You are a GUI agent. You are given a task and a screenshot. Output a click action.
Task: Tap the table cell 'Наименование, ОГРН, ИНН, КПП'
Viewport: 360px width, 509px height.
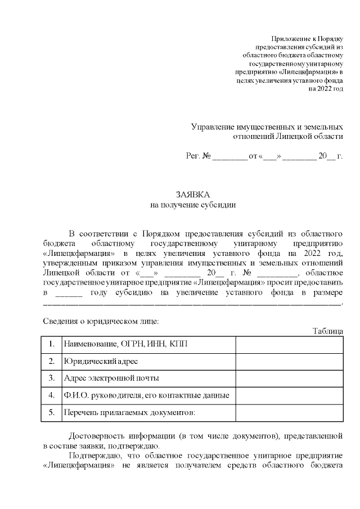pos(130,343)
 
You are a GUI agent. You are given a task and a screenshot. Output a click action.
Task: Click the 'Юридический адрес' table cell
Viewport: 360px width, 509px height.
pos(101,361)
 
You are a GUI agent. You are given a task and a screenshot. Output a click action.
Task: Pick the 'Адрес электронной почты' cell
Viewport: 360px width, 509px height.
pos(111,378)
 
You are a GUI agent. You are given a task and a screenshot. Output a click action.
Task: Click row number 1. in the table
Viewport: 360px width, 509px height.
pos(52,343)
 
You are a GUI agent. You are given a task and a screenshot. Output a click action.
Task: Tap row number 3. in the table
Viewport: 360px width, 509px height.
pos(52,378)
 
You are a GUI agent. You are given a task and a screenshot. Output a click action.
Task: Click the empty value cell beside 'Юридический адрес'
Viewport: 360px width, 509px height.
pos(289,361)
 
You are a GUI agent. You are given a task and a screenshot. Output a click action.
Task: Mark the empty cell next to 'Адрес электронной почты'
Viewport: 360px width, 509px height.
pos(289,378)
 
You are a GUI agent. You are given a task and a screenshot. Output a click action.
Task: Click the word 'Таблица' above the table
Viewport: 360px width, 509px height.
pos(327,331)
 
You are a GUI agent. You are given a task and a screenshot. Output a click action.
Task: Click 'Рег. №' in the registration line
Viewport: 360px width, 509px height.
pos(198,156)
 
